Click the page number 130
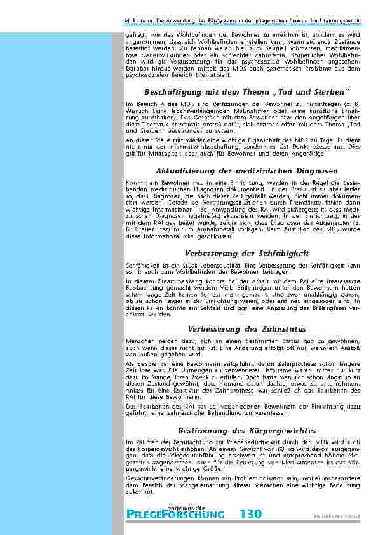(x=252, y=515)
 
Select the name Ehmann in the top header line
(x=147, y=4)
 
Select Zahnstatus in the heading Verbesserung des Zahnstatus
(x=281, y=329)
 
